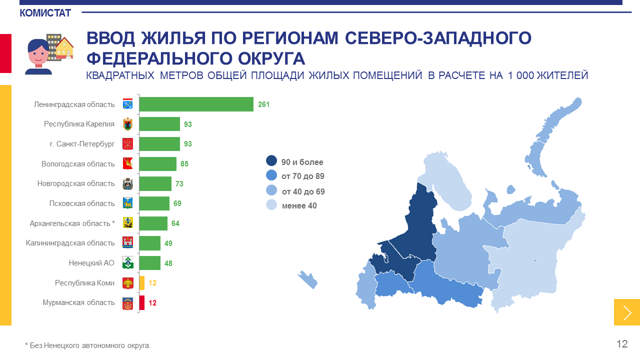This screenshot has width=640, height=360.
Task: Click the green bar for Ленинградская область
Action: tap(196, 104)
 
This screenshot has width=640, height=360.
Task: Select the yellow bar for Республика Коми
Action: tap(142, 283)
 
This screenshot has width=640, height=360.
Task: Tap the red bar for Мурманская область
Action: tap(142, 302)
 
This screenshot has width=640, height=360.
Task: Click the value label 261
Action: tap(264, 104)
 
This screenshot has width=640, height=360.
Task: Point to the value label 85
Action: tap(184, 164)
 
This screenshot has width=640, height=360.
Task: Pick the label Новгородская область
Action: tap(76, 183)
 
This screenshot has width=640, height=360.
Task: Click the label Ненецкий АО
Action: tap(91, 263)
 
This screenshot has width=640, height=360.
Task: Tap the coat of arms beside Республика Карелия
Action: tap(127, 124)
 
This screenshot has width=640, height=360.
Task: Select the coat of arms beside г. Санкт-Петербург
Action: tap(127, 144)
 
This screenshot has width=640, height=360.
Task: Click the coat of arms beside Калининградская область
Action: tap(127, 243)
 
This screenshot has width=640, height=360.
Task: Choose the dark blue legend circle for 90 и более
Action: tap(271, 161)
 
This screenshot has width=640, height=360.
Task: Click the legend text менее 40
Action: tap(299, 205)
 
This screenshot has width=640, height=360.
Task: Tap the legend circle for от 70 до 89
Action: tap(271, 175)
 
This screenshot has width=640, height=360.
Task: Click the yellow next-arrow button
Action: tap(627, 312)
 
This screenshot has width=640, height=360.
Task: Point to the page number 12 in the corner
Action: tap(622, 344)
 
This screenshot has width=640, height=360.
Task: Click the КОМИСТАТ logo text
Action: tap(45, 13)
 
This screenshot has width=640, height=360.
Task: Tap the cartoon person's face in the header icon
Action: tap(38, 53)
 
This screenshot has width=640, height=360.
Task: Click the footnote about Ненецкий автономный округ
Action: tap(87, 345)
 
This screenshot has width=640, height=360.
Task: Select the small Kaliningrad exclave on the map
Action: tap(307, 279)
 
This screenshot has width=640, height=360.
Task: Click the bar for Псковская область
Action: tap(154, 203)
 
